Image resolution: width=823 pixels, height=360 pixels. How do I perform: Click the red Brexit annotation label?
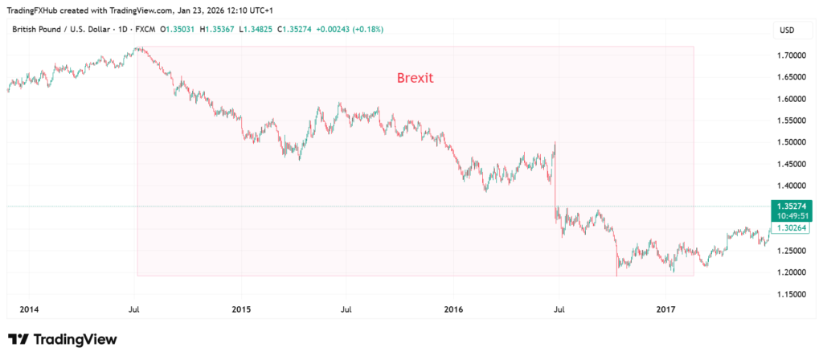pyautogui.click(x=415, y=79)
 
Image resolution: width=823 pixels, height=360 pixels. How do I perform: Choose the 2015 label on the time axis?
pyautogui.click(x=241, y=309)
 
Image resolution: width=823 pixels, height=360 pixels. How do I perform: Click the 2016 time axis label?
pyautogui.click(x=453, y=309)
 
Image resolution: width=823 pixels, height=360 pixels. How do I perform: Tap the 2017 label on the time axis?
pyautogui.click(x=665, y=309)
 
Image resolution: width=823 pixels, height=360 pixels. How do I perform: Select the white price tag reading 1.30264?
pyautogui.click(x=792, y=228)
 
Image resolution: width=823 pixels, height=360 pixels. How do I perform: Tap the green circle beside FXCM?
pyautogui.click(x=161, y=30)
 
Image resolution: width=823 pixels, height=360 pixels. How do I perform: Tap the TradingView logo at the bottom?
pyautogui.click(x=63, y=339)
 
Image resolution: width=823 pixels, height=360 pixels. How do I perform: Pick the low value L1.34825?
pyautogui.click(x=264, y=30)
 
